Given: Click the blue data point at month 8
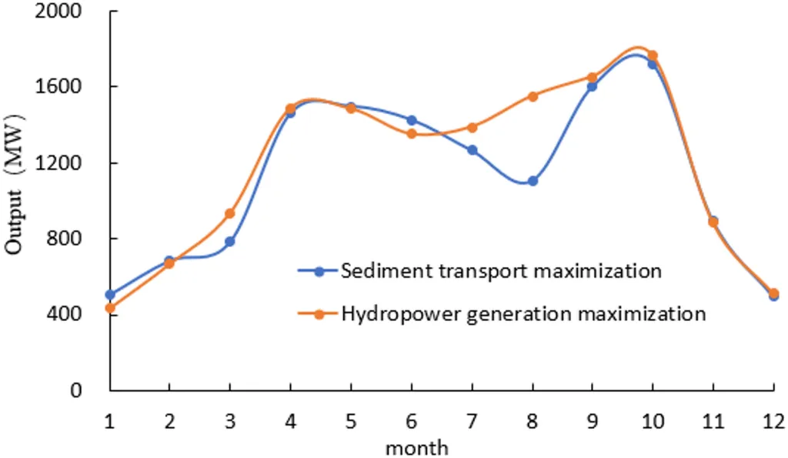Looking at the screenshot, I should pos(532,181).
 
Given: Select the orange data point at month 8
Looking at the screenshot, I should pos(532,96).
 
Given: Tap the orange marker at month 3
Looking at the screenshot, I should pos(229,213).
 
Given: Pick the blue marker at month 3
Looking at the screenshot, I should pos(229,242).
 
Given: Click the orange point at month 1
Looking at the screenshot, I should pos(110,308).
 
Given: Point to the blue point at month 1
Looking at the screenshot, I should pos(110,295).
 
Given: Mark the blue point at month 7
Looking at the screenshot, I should pos(472,150).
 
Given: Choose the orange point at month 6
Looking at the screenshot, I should pos(412,134).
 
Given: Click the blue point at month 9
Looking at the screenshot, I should pos(592,86).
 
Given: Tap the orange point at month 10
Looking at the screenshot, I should pos(653,55).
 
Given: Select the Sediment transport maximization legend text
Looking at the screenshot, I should pos(501,271).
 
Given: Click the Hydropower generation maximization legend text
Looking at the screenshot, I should pos(523,313).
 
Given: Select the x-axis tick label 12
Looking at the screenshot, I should pos(773,422).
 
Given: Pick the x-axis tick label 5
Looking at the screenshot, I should pos(351,422).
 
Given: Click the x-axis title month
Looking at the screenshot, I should pos(416,446).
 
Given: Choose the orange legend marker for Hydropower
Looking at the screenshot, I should pos(318,313).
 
